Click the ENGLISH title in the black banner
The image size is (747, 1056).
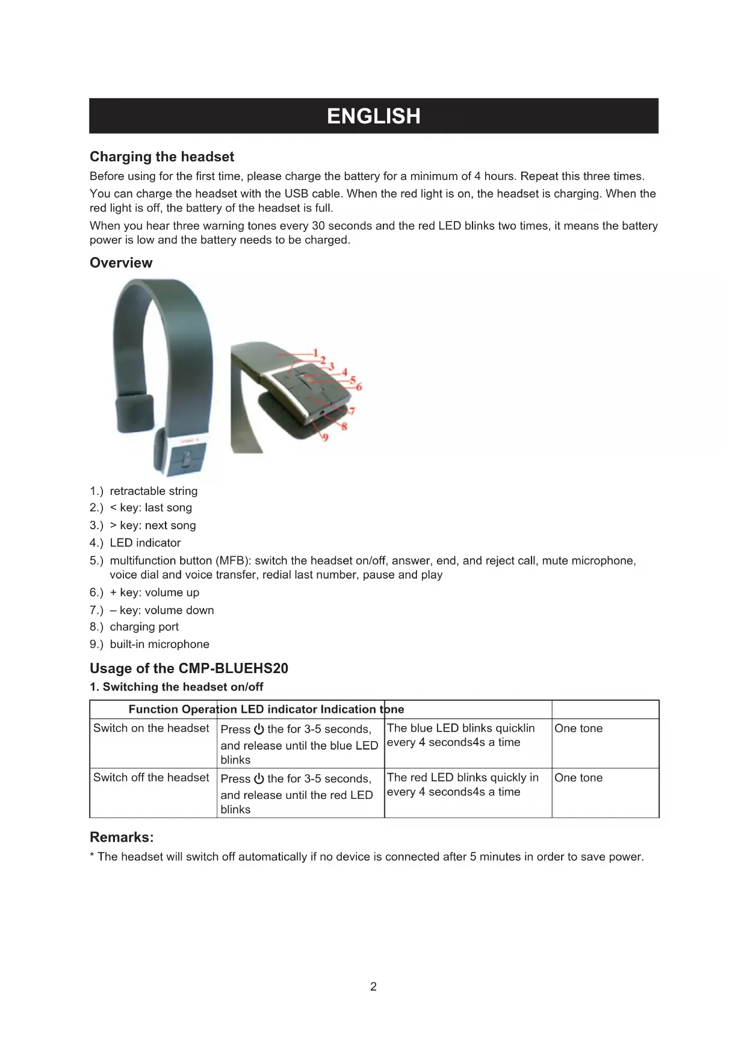373,116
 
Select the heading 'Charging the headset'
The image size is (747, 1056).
162,157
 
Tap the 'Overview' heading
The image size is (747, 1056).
121,263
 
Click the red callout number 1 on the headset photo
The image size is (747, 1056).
315,353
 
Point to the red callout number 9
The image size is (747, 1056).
325,437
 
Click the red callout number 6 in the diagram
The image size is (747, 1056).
359,387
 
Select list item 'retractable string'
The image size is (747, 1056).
153,491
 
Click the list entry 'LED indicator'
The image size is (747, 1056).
145,543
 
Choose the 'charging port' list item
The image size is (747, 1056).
144,627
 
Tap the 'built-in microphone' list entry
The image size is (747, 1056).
160,644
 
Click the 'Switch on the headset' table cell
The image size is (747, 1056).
151,728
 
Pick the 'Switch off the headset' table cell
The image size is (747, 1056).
151,778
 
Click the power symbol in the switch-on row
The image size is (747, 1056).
259,729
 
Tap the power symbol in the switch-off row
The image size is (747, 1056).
259,778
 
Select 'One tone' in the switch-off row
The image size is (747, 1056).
578,778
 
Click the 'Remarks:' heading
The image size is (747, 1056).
122,837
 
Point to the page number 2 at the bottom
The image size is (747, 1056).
373,987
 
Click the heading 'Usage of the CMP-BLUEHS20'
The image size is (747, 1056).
189,668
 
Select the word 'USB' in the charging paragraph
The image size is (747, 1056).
296,194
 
